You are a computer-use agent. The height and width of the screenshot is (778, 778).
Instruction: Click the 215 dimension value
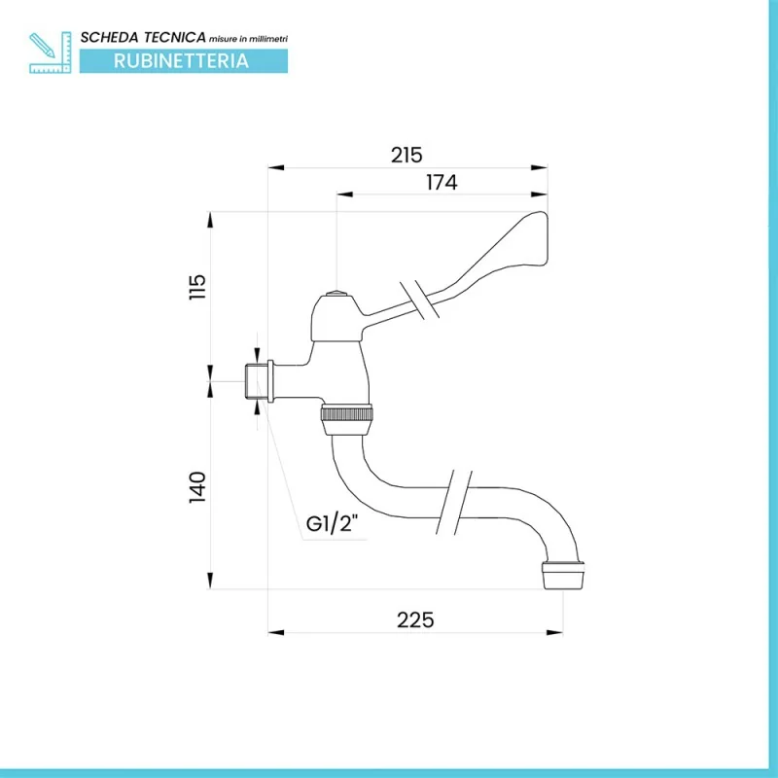(x=407, y=154)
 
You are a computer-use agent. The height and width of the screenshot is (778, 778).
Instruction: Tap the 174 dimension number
(x=442, y=182)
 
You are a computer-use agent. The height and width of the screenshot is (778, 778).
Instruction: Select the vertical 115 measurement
(x=198, y=287)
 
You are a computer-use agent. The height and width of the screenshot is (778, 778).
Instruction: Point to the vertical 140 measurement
(x=198, y=486)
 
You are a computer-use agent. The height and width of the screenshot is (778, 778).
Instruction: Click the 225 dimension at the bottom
(x=415, y=619)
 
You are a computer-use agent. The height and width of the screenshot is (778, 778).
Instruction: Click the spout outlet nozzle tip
(x=564, y=577)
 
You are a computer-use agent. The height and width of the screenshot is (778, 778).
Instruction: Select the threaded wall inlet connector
(x=257, y=380)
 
